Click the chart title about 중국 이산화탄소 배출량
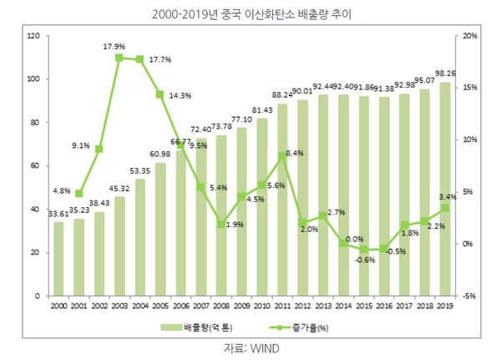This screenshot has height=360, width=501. point(250,14)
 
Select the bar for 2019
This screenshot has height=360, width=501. point(445,189)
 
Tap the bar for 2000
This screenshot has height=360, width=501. point(58,259)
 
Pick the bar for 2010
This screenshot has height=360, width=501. point(262,207)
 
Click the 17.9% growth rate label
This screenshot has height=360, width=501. point(114,46)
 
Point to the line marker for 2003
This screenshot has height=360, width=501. point(119,58)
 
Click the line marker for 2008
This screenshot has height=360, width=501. point(221,224)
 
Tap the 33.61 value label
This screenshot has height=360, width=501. point(58,213)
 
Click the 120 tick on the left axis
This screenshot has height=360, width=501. point(33,37)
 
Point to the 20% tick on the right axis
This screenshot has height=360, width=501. point(470,37)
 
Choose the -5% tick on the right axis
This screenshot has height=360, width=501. point(470,296)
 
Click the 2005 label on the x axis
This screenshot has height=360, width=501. point(160,307)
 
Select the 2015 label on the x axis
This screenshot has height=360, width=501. point(363,307)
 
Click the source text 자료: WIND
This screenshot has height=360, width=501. point(250,347)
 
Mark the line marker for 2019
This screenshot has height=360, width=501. point(445,208)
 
